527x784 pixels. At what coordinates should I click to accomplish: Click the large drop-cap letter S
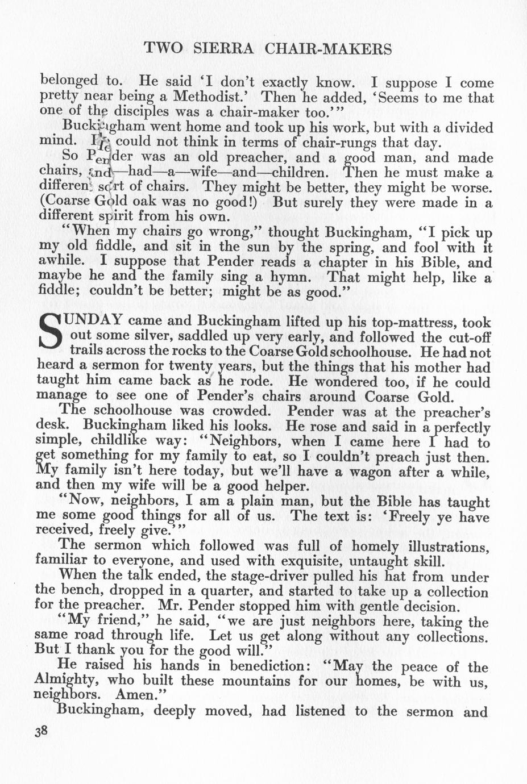point(49,333)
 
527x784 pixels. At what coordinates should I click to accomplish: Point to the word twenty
point(188,366)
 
